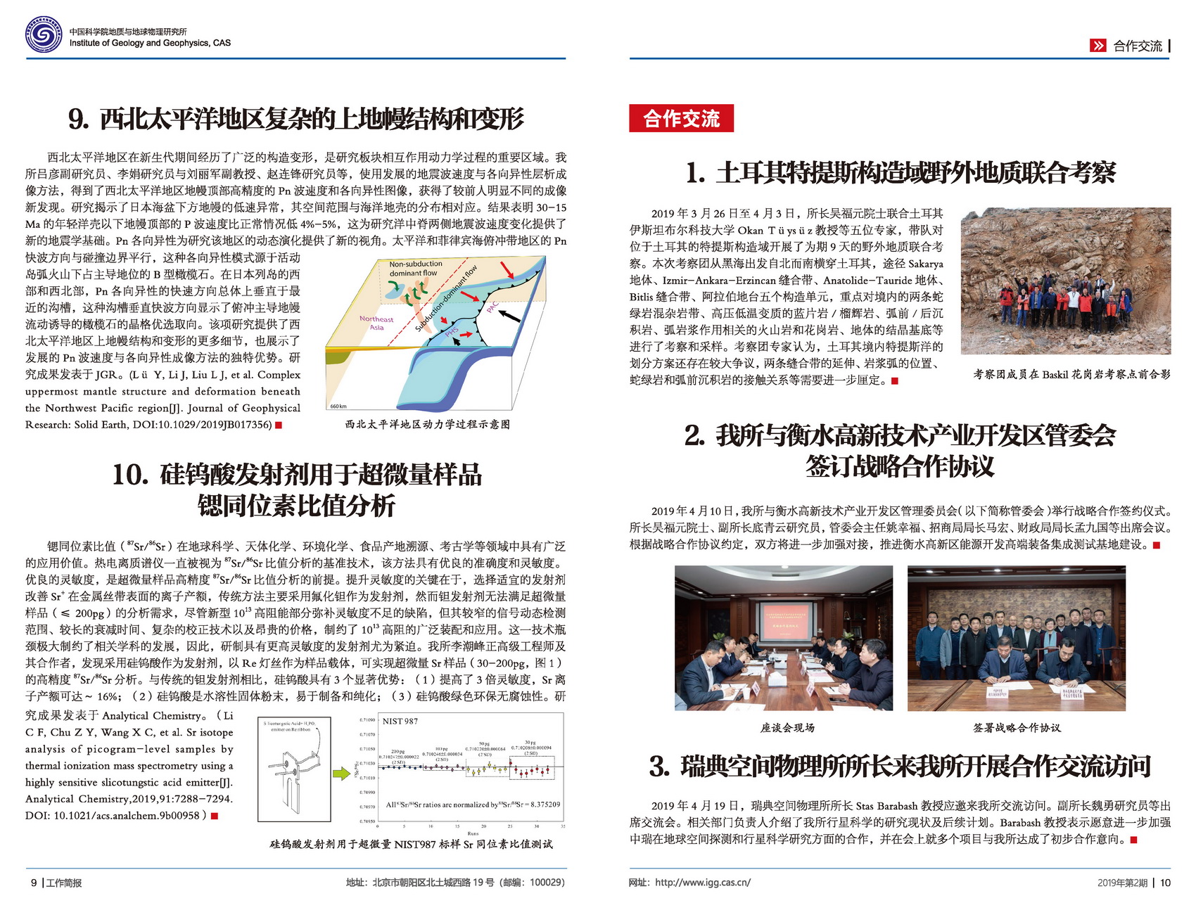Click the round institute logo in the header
pyautogui.click(x=44, y=34)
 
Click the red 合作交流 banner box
pyautogui.click(x=681, y=118)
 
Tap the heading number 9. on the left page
pyautogui.click(x=78, y=120)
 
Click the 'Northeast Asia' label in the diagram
pyautogui.click(x=376, y=323)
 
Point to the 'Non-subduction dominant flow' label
pyautogui.click(x=415, y=269)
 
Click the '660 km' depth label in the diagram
pyautogui.click(x=338, y=406)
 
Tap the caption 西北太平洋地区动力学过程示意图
pyautogui.click(x=428, y=424)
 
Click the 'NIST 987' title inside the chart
pyautogui.click(x=400, y=721)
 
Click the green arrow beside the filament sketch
pyautogui.click(x=341, y=774)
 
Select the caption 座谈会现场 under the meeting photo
pyautogui.click(x=787, y=728)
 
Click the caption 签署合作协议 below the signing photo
pyautogui.click(x=1017, y=728)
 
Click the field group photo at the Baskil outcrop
pyautogui.click(x=1065, y=281)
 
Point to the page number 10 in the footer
pyautogui.click(x=1165, y=883)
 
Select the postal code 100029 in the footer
pyautogui.click(x=545, y=883)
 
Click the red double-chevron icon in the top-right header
pyautogui.click(x=1098, y=46)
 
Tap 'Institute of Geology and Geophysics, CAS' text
pyautogui.click(x=150, y=43)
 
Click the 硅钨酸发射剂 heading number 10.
pyautogui.click(x=129, y=475)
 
